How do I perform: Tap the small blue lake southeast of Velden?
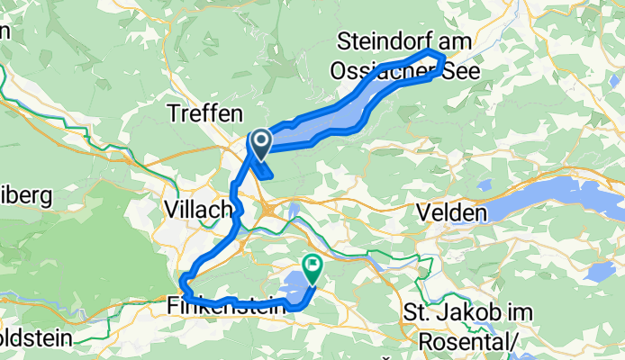coord(593,273)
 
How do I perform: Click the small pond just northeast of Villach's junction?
coord(294,211)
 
